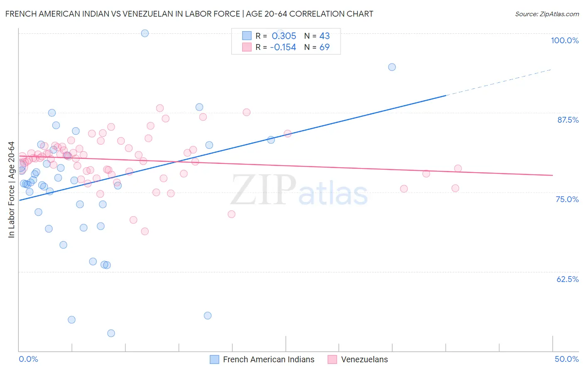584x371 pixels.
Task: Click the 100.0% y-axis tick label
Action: pyautogui.click(x=564, y=40)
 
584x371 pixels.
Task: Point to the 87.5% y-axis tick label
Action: pyautogui.click(x=568, y=120)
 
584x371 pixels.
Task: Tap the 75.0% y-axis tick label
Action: pyautogui.click(x=567, y=199)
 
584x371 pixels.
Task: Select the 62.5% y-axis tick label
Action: pyautogui.click(x=567, y=279)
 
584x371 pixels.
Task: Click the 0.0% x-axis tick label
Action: pyautogui.click(x=28, y=359)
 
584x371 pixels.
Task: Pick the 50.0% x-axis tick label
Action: pyautogui.click(x=567, y=359)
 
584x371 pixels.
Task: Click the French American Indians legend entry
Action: pyautogui.click(x=268, y=359)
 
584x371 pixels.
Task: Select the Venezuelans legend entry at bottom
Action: pyautogui.click(x=364, y=359)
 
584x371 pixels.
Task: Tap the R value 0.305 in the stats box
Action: pyautogui.click(x=284, y=36)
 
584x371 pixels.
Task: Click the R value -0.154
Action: pyautogui.click(x=283, y=47)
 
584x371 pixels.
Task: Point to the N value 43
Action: pyautogui.click(x=324, y=36)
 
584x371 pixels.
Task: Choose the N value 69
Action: pyautogui.click(x=324, y=47)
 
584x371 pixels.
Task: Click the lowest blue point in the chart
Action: pyautogui.click(x=111, y=333)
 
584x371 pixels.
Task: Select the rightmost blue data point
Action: pyautogui.click(x=392, y=67)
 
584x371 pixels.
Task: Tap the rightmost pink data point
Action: pyautogui.click(x=458, y=168)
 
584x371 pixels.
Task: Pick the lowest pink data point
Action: pyautogui.click(x=145, y=231)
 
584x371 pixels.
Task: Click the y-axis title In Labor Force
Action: pyautogui.click(x=11, y=190)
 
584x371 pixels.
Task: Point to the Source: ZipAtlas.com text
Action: pyautogui.click(x=547, y=14)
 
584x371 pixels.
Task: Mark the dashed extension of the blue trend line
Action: pyautogui.click(x=498, y=82)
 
